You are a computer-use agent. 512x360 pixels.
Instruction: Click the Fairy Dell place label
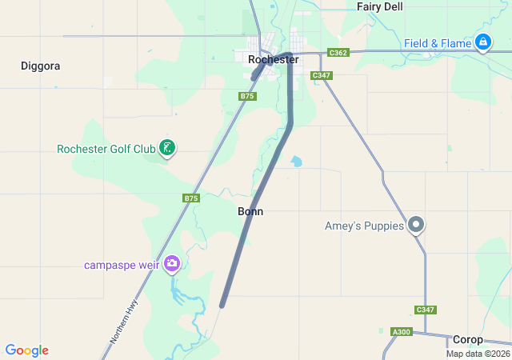[x=380, y=6]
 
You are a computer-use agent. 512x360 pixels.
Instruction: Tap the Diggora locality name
[x=40, y=66]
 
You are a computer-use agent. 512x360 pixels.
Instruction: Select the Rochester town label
[x=273, y=60]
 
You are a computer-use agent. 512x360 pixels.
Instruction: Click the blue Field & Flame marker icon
[x=482, y=42]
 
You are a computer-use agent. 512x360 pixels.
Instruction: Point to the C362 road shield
[x=338, y=53]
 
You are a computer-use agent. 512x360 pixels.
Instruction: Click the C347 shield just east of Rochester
[x=322, y=75]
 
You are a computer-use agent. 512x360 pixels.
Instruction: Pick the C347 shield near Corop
[x=425, y=310]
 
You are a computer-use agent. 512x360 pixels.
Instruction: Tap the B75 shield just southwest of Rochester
[x=247, y=96]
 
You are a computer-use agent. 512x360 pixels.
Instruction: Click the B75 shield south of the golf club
[x=190, y=198]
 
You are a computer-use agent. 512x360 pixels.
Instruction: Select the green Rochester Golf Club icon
[x=167, y=147]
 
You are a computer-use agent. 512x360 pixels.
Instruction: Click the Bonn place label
[x=250, y=212]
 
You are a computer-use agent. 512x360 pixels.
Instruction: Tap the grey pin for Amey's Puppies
[x=416, y=225]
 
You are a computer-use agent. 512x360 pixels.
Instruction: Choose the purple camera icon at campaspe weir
[x=171, y=263]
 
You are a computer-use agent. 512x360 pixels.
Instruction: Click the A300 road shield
[x=400, y=332]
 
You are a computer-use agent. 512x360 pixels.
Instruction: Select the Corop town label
[x=468, y=339]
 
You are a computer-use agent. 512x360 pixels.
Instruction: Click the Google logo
[x=26, y=350]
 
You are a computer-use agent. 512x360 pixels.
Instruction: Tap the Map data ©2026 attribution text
[x=478, y=354]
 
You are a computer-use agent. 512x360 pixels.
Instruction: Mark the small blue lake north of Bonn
[x=297, y=162]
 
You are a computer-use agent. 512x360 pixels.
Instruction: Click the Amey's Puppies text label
[x=364, y=226]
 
